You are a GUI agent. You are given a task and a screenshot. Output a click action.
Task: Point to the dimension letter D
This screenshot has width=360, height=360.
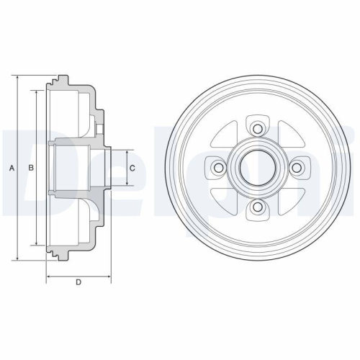[x=78, y=282]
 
